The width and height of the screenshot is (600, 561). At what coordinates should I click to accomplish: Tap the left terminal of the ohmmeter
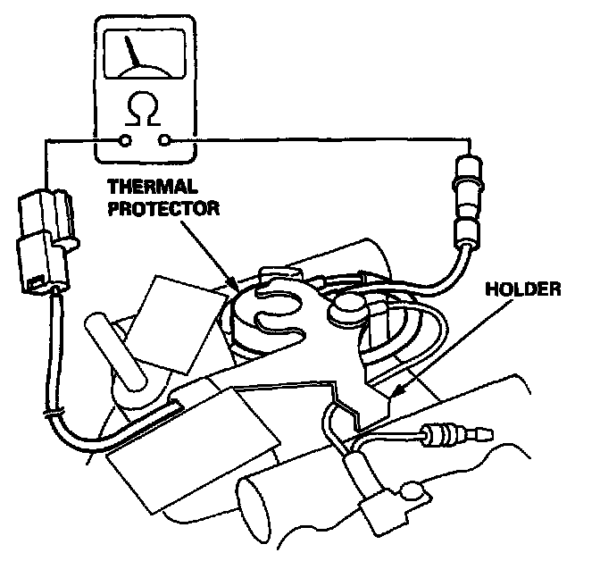125,140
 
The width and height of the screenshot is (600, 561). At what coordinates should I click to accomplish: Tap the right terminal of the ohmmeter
163,140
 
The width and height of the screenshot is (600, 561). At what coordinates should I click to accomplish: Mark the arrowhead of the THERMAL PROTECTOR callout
235,289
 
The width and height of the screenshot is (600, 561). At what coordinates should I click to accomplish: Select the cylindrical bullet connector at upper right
467,201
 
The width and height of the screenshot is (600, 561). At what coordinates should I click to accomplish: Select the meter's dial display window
144,53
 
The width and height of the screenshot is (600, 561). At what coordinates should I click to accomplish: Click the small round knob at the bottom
412,490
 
